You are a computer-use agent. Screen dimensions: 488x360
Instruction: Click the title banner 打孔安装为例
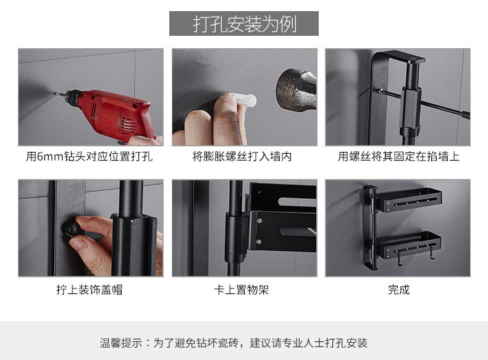point(243,23)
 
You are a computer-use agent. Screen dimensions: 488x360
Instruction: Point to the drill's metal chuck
point(72,97)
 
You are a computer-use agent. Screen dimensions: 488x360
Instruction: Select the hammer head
point(297,90)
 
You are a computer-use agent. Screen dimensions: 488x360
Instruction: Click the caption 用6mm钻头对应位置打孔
point(90,156)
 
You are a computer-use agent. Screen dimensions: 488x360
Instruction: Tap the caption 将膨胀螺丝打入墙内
point(242,156)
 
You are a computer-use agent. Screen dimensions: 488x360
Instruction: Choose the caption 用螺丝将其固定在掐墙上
point(398,156)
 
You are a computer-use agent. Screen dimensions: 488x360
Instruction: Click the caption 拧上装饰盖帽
point(90,290)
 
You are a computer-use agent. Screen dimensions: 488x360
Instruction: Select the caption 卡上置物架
point(241,290)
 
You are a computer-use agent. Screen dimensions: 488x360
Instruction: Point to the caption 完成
point(398,290)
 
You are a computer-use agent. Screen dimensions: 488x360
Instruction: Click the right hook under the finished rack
point(432,253)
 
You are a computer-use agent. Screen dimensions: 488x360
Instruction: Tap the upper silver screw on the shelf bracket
point(259,221)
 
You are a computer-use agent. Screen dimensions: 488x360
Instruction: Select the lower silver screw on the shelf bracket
point(258,242)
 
